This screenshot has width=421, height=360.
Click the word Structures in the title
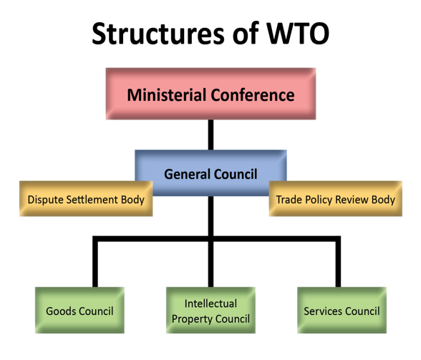point(158,34)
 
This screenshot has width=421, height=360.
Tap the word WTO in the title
point(298,34)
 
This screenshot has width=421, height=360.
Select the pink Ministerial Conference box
point(210,94)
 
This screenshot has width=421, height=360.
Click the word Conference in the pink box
point(253,95)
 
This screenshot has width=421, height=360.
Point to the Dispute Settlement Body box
point(86,199)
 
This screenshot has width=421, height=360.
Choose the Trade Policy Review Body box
point(336,199)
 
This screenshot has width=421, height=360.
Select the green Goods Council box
point(79,311)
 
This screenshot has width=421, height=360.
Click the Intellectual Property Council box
point(210,311)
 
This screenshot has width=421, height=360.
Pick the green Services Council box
point(342,311)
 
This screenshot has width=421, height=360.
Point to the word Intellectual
point(210,303)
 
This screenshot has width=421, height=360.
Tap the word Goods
point(61,311)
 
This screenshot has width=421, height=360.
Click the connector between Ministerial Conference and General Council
point(210,135)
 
